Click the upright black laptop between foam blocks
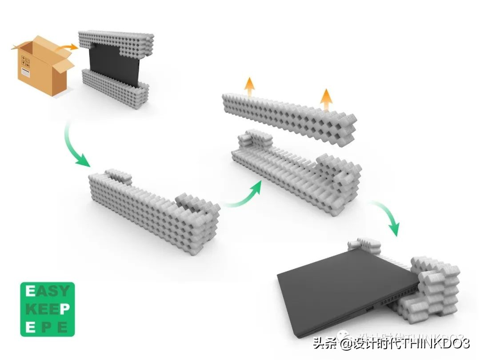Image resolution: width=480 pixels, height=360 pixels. coord(113,62)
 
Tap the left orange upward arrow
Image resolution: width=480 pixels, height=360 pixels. coord(250,85)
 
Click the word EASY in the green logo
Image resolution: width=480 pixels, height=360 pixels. coord(48,292)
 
